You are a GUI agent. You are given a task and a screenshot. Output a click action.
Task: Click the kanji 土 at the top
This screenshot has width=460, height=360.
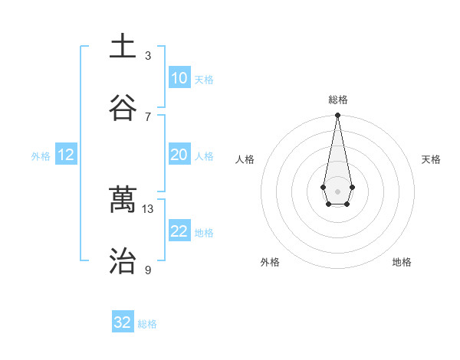(x=123, y=46)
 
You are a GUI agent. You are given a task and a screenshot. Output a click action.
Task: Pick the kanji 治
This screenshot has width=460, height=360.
(x=123, y=261)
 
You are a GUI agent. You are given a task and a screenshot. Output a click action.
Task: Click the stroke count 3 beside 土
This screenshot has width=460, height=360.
(x=148, y=56)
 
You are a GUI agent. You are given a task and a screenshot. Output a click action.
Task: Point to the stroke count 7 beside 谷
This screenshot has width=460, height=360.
(x=148, y=117)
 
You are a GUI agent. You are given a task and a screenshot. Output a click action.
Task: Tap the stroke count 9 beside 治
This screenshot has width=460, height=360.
(x=148, y=270)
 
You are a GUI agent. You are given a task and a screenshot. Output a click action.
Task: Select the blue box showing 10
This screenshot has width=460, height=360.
(x=179, y=78)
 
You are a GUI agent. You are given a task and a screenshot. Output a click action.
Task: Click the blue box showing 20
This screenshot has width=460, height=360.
(x=179, y=155)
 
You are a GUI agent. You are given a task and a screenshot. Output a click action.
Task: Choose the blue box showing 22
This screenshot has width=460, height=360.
(x=179, y=231)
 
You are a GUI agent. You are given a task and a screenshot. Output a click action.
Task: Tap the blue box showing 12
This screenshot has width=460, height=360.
(x=66, y=155)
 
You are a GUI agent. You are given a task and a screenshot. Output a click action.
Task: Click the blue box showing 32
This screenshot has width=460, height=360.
(x=123, y=322)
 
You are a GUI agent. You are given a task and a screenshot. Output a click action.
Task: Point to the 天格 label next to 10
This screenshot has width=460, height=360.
(x=204, y=80)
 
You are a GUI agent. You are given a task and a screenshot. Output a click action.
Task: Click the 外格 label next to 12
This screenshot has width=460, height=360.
(x=41, y=156)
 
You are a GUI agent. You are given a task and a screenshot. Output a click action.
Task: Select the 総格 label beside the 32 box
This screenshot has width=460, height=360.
(x=147, y=324)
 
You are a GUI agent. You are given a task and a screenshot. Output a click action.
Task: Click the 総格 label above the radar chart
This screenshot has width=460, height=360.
(x=337, y=100)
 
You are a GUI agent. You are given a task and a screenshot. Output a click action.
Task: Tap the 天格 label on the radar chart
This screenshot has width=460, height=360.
(x=431, y=159)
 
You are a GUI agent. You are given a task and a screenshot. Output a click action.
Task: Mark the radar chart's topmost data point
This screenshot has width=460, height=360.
(x=337, y=116)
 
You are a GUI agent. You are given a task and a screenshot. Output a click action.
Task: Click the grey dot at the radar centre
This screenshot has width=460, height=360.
(x=337, y=190)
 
